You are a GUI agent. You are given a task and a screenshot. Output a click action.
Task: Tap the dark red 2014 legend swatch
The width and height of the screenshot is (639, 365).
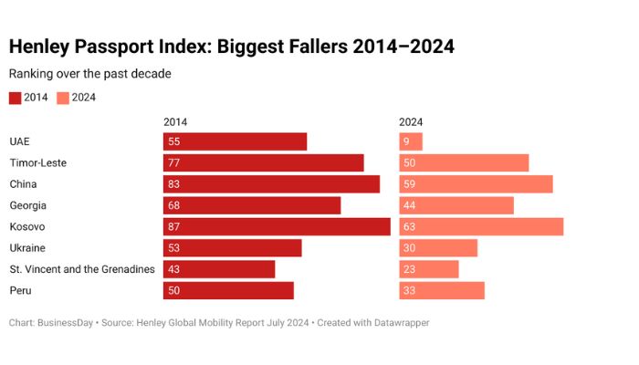tap(16, 98)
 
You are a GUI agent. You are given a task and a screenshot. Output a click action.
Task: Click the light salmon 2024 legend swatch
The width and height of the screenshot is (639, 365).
tap(63, 98)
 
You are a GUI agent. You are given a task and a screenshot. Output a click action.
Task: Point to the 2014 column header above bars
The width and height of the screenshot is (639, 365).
tap(175, 121)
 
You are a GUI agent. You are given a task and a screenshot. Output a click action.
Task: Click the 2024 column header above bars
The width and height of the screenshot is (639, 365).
tap(411, 121)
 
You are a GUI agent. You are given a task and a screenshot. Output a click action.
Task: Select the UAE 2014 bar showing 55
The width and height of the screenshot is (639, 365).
tap(235, 141)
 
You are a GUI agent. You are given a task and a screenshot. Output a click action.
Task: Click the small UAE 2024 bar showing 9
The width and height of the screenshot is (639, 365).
tap(411, 141)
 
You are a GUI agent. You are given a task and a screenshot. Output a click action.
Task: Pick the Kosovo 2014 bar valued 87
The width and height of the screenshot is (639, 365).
tap(277, 226)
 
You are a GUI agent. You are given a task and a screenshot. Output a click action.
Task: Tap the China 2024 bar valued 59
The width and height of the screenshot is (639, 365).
tap(476, 184)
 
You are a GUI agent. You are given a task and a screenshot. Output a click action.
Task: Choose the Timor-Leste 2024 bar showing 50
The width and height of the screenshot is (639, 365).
tap(464, 162)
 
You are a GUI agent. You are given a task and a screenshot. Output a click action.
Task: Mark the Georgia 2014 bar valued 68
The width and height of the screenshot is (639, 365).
tap(252, 205)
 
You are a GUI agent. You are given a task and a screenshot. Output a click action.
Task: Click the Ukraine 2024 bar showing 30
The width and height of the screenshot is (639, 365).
tap(438, 248)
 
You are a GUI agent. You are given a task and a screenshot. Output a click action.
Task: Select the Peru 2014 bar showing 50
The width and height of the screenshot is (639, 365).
tap(228, 290)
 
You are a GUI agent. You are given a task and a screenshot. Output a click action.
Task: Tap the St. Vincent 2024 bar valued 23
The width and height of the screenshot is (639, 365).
tap(429, 269)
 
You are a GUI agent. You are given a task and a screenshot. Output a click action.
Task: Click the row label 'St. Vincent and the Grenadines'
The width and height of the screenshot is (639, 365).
tap(82, 269)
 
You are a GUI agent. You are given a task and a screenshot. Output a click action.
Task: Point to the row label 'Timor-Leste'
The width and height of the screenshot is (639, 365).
tap(38, 162)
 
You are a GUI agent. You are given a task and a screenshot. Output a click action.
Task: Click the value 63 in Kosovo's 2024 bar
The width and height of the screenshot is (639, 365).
tap(411, 226)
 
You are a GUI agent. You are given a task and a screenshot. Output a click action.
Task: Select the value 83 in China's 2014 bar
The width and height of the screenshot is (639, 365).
tap(174, 184)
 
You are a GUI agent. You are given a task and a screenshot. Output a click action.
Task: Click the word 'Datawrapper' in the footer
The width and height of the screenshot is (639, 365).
tap(398, 323)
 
